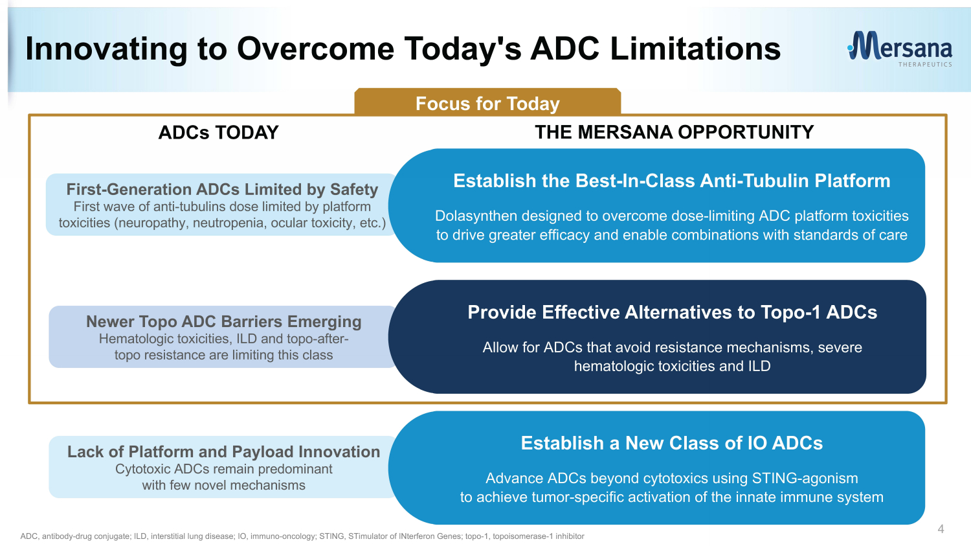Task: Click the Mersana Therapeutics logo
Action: [x=900, y=49]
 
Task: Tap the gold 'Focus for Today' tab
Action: [x=487, y=102]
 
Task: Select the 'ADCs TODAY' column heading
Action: [x=218, y=133]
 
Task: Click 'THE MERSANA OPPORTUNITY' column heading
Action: [x=674, y=132]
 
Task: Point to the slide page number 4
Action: [x=941, y=529]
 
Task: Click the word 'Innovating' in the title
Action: [x=106, y=49]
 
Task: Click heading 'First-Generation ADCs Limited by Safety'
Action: [x=222, y=190]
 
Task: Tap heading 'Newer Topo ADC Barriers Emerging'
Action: [x=224, y=322]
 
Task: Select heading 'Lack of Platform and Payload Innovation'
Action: [x=224, y=452]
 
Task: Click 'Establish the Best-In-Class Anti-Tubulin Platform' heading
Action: [x=671, y=181]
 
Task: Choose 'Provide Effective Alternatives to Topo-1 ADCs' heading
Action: [x=672, y=312]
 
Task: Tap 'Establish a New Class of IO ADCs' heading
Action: [x=671, y=443]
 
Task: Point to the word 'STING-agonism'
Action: [x=805, y=479]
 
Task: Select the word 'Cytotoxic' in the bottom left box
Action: [x=144, y=469]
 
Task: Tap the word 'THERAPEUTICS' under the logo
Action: [x=925, y=65]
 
